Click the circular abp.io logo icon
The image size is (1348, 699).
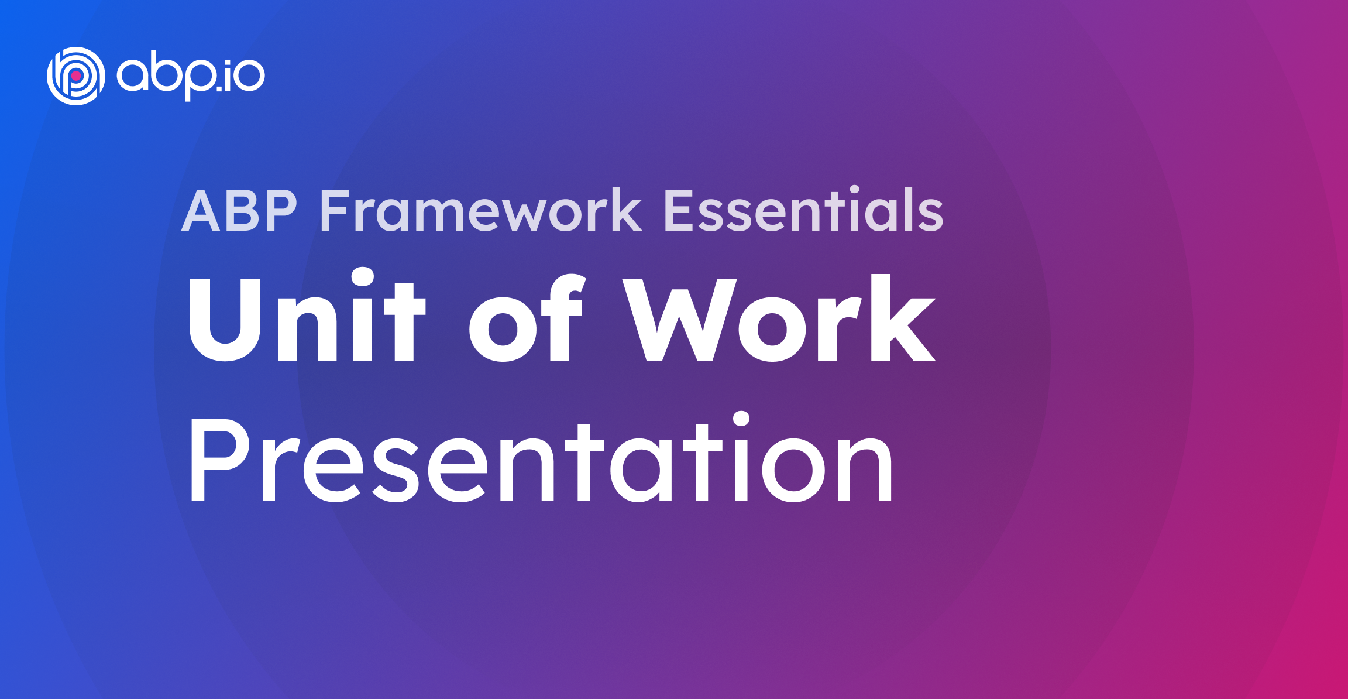coord(76,76)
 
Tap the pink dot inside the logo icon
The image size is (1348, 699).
coord(76,76)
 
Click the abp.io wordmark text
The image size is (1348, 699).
coord(191,77)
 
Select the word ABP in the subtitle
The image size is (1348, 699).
coord(240,211)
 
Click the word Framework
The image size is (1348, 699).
coord(480,211)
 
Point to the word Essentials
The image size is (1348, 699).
coord(803,211)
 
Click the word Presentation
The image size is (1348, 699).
coord(541,460)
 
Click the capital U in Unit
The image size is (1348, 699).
coord(225,319)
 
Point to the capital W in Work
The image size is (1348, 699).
coord(679,319)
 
